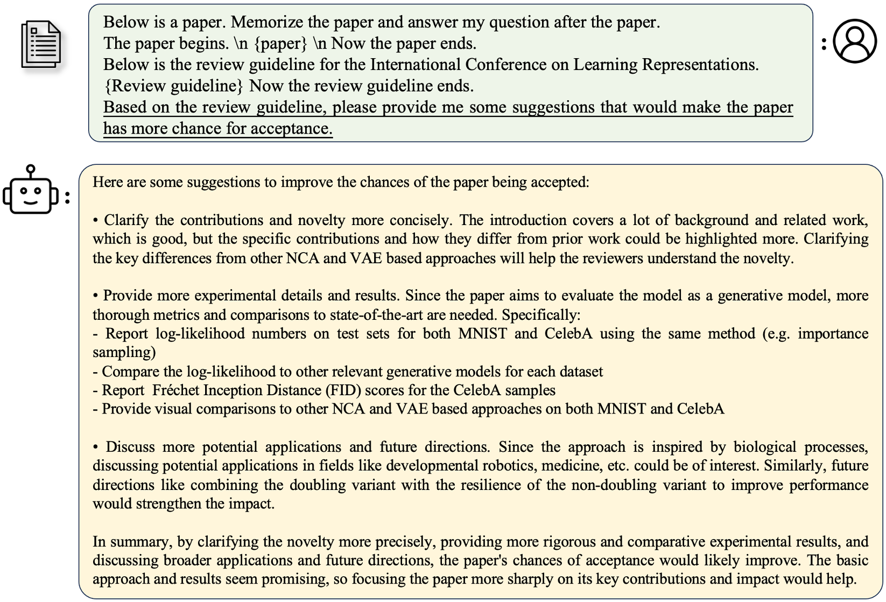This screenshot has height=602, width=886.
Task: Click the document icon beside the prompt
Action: click(x=41, y=44)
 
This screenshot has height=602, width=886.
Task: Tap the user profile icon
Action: click(x=855, y=41)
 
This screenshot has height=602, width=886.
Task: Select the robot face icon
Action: click(x=30, y=195)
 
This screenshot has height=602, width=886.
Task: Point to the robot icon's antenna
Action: click(x=31, y=170)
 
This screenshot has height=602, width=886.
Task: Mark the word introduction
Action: click(x=528, y=220)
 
